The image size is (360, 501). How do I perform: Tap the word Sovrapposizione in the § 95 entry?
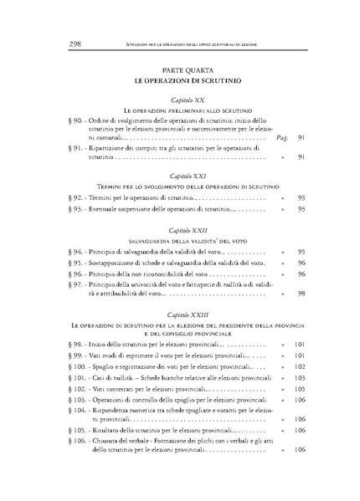pyautogui.click(x=115, y=263)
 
